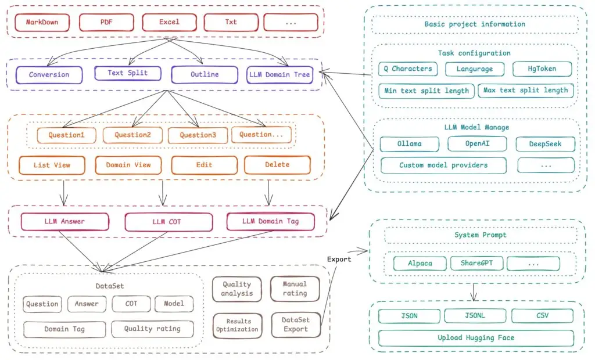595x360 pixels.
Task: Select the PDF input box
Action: pos(106,22)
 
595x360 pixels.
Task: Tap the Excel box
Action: pos(169,22)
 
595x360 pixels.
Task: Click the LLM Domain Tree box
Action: pos(280,74)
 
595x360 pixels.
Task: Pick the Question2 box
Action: pos(132,135)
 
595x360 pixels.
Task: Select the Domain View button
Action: pos(128,165)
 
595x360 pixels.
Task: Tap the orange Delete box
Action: pos(277,165)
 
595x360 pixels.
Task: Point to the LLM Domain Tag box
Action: pos(270,221)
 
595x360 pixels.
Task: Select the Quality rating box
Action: pos(152,329)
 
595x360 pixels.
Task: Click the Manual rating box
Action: pos(295,289)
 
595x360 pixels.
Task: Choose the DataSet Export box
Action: pos(295,325)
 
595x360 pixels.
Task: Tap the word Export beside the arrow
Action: pos(339,259)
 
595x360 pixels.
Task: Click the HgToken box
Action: pos(542,69)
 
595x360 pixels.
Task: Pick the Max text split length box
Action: pos(526,91)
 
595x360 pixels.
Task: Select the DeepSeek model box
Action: pos(545,143)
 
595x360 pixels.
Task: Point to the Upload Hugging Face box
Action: pos(476,338)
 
